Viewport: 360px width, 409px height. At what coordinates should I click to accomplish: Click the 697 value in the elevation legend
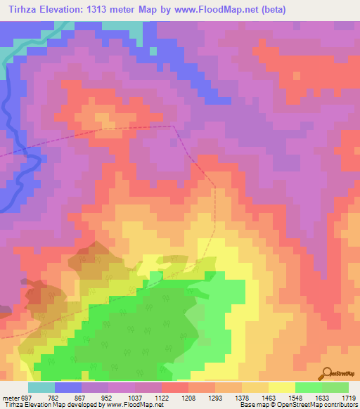[x=25, y=398]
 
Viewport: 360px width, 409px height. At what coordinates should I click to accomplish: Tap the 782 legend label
[x=52, y=398]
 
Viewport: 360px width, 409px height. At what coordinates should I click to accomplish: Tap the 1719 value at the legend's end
[x=349, y=398]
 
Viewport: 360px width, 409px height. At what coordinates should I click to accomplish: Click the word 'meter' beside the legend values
[x=9, y=398]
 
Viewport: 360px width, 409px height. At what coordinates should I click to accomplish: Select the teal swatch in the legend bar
[x=41, y=387]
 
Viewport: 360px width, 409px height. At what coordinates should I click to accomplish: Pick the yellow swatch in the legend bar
[x=281, y=387]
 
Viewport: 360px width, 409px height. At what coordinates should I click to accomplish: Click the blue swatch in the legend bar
[x=67, y=387]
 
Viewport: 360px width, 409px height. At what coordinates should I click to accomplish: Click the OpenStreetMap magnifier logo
[x=326, y=373]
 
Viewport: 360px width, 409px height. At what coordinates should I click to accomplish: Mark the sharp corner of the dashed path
[x=174, y=126]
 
